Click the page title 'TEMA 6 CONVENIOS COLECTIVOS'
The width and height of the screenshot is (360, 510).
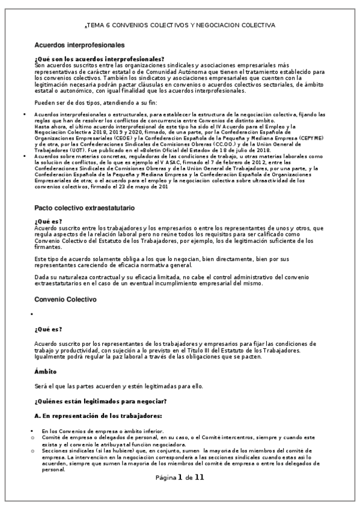[x=180, y=25]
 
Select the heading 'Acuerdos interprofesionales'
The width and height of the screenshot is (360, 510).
[x=79, y=45]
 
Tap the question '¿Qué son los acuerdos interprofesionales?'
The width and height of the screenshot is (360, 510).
[x=99, y=59]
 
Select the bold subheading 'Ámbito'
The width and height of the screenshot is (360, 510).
[x=46, y=371]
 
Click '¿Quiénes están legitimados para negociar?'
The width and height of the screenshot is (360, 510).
[x=100, y=401]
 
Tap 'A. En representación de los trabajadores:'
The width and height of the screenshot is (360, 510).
[x=98, y=415]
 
